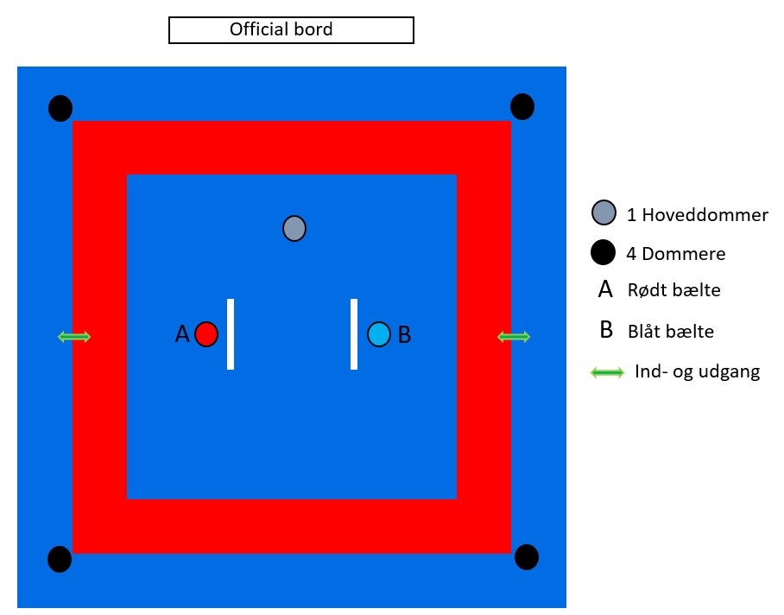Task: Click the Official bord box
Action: click(x=291, y=30)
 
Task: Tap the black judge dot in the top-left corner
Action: click(x=60, y=108)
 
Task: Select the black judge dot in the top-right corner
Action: click(x=522, y=106)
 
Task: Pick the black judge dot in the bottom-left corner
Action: click(x=60, y=559)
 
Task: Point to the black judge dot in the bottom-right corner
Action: click(x=527, y=557)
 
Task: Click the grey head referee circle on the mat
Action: click(x=294, y=229)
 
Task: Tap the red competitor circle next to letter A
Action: click(x=206, y=334)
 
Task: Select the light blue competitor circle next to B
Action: click(x=379, y=334)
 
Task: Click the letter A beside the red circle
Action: click(x=182, y=334)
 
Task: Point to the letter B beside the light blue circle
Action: click(x=404, y=334)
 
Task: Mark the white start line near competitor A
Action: click(x=231, y=334)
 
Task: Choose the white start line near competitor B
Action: click(x=354, y=334)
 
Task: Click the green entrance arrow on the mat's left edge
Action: click(x=74, y=337)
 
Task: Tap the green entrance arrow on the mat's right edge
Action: click(x=514, y=337)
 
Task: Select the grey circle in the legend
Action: click(x=604, y=212)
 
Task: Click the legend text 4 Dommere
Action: click(x=676, y=254)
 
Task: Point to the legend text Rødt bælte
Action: click(x=674, y=290)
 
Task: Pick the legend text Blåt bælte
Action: click(x=671, y=332)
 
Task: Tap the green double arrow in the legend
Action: click(x=608, y=372)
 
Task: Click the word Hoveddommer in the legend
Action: click(x=705, y=215)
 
